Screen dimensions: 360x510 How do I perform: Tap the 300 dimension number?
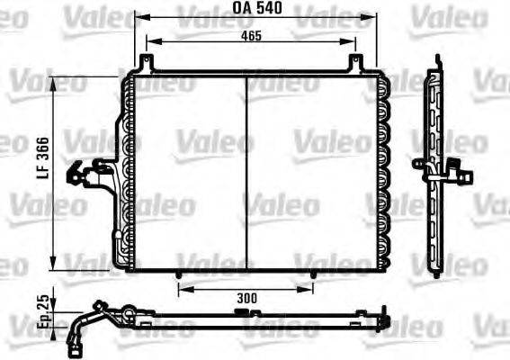point(246,297)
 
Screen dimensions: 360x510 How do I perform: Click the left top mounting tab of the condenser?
point(145,63)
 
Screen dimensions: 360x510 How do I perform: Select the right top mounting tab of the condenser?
point(356,63)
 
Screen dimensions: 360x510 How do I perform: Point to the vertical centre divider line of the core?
point(246,171)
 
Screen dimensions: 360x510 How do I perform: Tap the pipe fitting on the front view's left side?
point(93,173)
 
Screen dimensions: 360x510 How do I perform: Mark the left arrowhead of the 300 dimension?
point(182,288)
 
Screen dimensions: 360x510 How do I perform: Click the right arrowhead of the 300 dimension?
point(310,288)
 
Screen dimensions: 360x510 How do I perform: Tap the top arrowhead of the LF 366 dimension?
point(58,82)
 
